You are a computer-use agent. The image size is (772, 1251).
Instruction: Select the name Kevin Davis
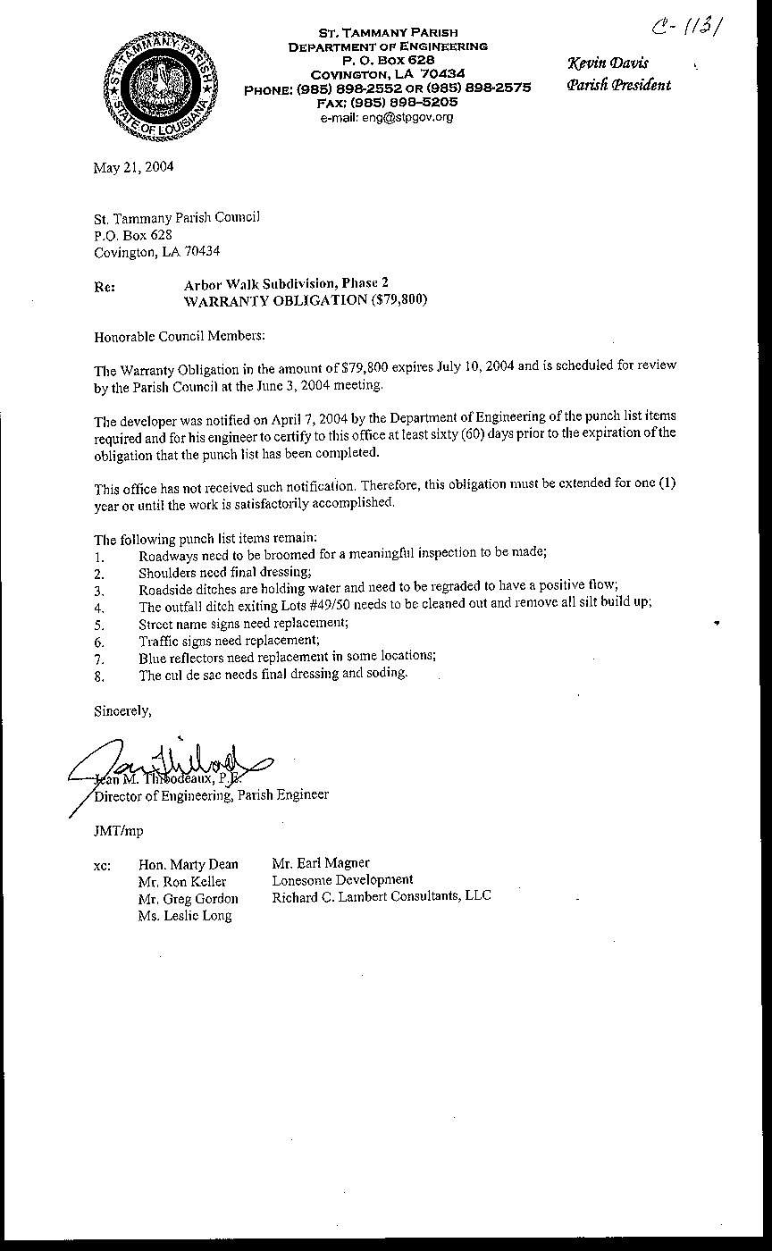point(608,63)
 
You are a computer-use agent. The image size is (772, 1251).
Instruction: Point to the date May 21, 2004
point(134,167)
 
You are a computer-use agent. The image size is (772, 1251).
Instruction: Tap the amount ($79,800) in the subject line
point(398,300)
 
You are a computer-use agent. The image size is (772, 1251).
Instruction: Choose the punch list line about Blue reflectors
point(287,656)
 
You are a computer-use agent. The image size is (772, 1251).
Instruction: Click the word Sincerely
point(122,711)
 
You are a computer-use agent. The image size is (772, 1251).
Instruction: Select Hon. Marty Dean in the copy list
point(189,864)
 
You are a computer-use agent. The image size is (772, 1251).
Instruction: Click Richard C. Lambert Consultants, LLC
point(382,896)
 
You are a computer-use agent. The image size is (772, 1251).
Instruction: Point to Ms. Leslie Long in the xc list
point(185,916)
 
